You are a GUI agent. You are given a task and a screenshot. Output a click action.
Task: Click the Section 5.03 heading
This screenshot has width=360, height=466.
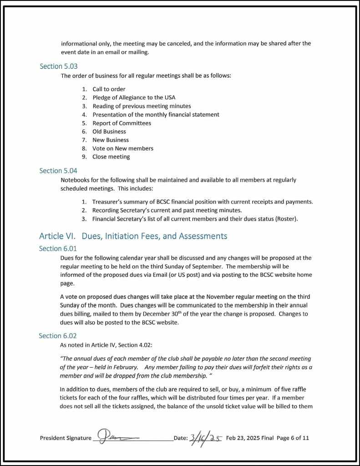click(59, 67)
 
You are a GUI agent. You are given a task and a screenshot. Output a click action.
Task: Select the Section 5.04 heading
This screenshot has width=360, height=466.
click(58, 171)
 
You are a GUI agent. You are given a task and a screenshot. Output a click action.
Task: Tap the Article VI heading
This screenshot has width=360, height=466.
click(133, 236)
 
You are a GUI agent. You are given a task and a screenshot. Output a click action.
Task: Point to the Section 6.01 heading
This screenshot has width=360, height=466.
click(58, 249)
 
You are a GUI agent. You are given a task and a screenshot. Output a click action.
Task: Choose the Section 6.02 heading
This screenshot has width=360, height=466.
click(58, 336)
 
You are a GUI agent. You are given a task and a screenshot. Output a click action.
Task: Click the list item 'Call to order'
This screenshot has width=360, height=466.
click(109, 89)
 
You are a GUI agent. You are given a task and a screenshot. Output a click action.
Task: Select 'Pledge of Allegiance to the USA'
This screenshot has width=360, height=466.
click(134, 97)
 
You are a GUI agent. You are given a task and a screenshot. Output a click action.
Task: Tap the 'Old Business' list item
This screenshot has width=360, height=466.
click(109, 132)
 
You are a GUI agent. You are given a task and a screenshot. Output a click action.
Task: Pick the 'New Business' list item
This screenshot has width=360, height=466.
click(111, 140)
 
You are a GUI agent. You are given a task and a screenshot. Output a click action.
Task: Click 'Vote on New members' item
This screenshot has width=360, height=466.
click(123, 149)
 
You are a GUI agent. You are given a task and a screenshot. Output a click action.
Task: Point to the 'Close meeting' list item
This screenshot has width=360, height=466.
click(111, 157)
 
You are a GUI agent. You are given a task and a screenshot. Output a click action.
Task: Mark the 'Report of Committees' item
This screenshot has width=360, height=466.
click(122, 123)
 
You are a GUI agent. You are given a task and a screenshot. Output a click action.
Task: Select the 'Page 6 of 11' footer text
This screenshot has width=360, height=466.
click(293, 438)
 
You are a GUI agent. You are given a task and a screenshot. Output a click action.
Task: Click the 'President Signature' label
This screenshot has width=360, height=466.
click(66, 438)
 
